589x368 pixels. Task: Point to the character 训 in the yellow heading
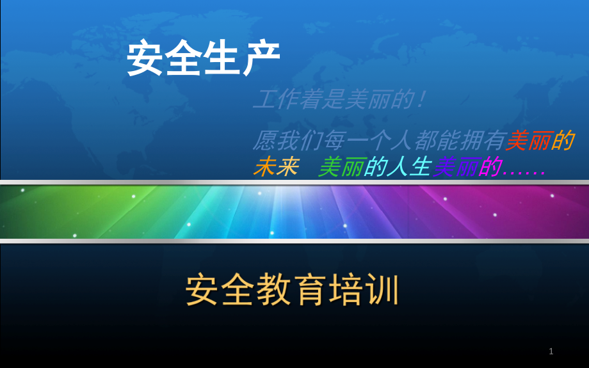pos(382,291)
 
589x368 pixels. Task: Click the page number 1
pos(551,351)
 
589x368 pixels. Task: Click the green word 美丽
pos(341,168)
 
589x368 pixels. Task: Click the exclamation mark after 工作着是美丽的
pos(419,100)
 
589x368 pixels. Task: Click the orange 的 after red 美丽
pos(562,140)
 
